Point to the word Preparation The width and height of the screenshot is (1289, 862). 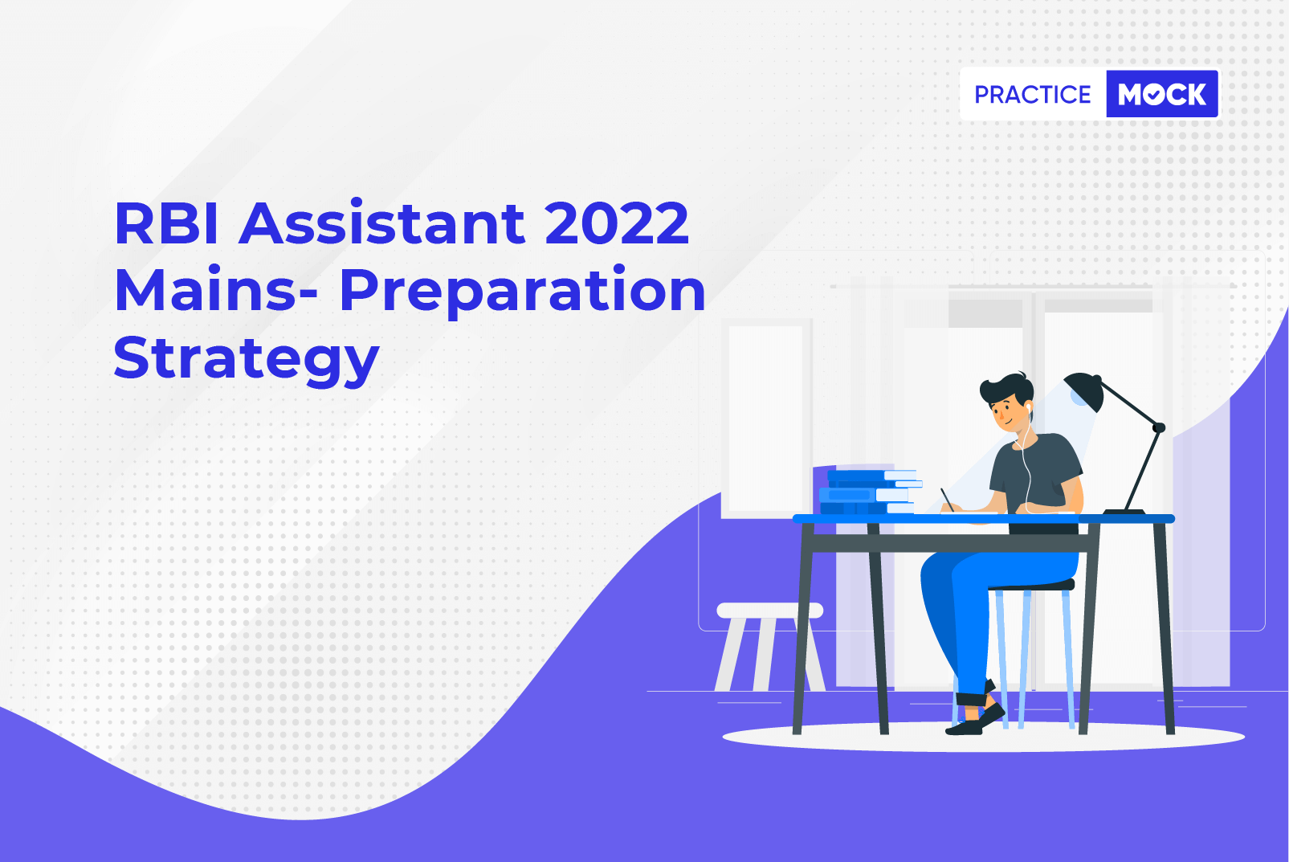point(523,292)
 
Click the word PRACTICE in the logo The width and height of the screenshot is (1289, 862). point(1032,94)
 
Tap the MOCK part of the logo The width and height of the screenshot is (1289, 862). point(1162,94)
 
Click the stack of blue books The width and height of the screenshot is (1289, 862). point(869,492)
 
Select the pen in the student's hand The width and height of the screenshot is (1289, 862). point(947,500)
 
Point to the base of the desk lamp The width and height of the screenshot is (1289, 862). point(1124,512)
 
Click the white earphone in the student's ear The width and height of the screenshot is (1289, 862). point(1028,408)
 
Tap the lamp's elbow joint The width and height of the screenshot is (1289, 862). point(1159,427)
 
